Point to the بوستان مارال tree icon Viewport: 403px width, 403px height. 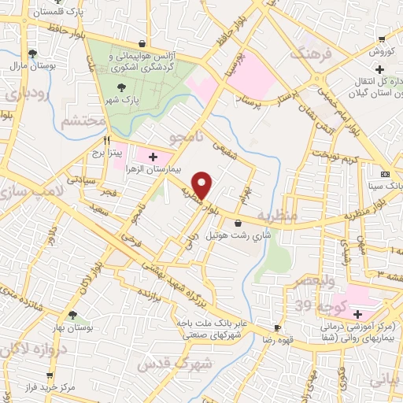click(31, 54)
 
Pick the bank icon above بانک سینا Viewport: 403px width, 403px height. click(385, 174)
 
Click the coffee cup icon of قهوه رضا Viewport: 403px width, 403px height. click(276, 327)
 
